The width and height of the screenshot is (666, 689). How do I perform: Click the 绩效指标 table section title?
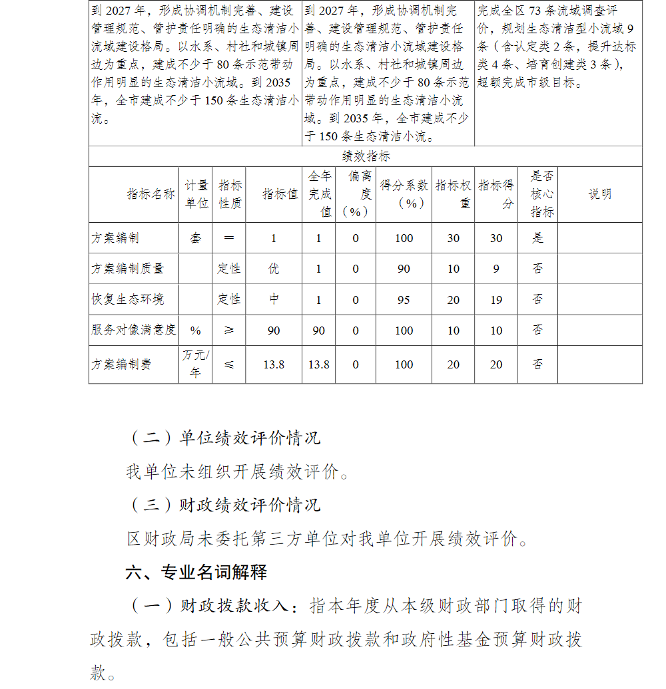(x=366, y=156)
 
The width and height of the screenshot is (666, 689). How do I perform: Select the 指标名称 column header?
(x=151, y=194)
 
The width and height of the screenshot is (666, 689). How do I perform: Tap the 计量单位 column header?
(x=196, y=194)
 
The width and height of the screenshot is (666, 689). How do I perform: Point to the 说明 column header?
(x=599, y=194)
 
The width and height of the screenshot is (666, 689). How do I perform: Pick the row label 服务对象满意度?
(x=133, y=330)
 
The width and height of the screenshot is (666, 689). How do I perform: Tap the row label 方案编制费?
(x=121, y=364)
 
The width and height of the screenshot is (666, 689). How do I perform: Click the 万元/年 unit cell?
(x=195, y=364)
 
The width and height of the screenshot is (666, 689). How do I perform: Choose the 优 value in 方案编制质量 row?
(x=274, y=269)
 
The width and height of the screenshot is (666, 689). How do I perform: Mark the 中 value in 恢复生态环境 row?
(x=274, y=299)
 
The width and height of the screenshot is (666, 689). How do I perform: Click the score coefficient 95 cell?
(x=404, y=300)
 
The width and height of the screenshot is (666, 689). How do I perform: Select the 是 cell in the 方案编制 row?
(x=537, y=238)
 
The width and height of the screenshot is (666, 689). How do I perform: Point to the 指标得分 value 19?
(x=496, y=300)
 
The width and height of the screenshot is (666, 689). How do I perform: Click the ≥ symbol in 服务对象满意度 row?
(x=229, y=331)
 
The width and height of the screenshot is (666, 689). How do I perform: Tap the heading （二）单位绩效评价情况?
(x=224, y=438)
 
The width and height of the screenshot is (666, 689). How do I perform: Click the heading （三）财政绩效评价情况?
(x=224, y=505)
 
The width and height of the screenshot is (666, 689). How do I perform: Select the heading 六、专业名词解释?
(x=196, y=573)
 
